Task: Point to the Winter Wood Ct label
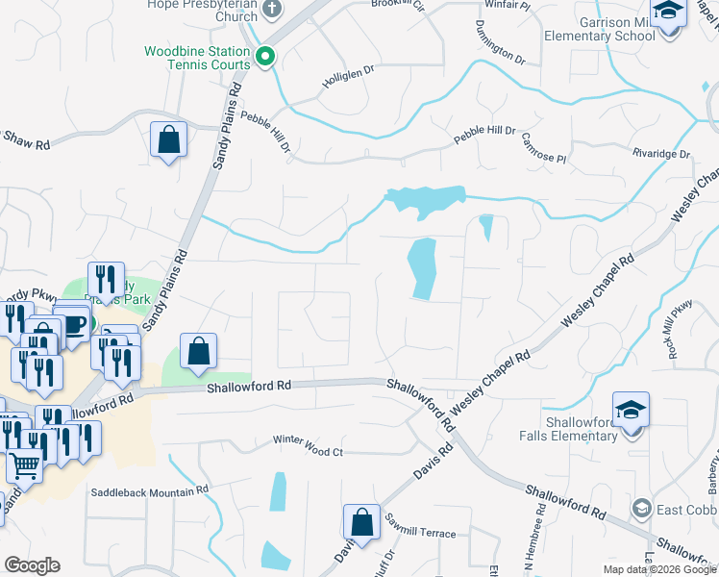pyautogui.click(x=308, y=451)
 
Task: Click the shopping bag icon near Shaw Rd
pyautogui.click(x=169, y=139)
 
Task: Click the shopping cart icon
pyautogui.click(x=25, y=465)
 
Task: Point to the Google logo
pyautogui.click(x=32, y=565)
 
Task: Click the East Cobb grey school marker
pyautogui.click(x=641, y=508)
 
